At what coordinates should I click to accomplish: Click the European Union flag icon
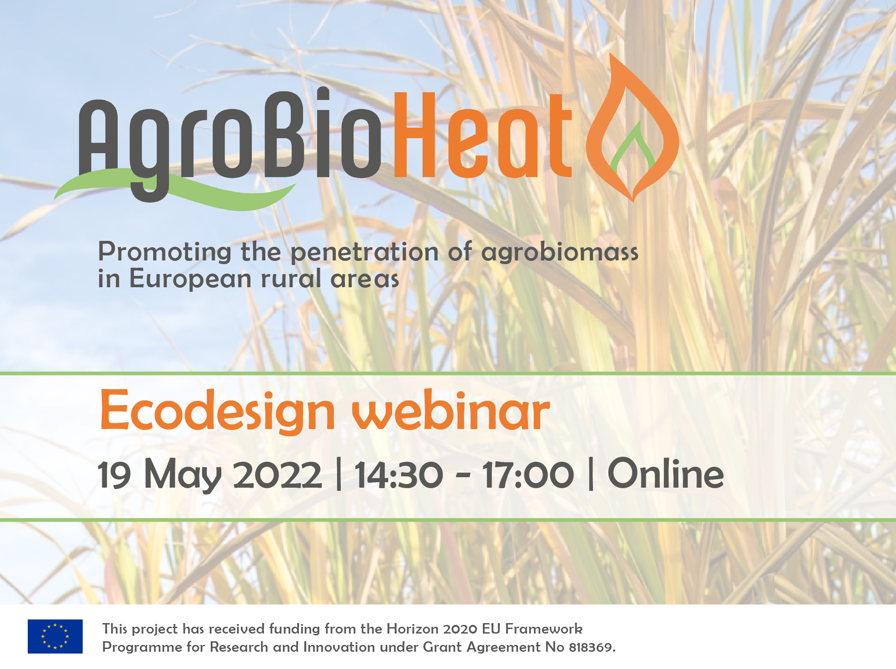55,636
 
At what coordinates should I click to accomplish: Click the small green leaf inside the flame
632,150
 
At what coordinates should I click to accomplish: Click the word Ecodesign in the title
218,411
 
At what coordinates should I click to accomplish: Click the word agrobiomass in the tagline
560,253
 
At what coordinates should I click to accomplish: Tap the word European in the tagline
190,279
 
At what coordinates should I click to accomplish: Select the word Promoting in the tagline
165,253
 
